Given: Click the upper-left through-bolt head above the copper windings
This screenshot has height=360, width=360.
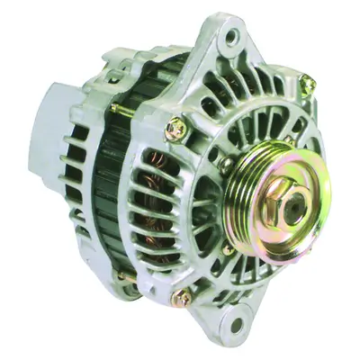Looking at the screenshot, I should [176, 130].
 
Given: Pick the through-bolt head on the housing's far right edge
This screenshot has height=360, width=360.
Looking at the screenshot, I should [308, 85].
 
